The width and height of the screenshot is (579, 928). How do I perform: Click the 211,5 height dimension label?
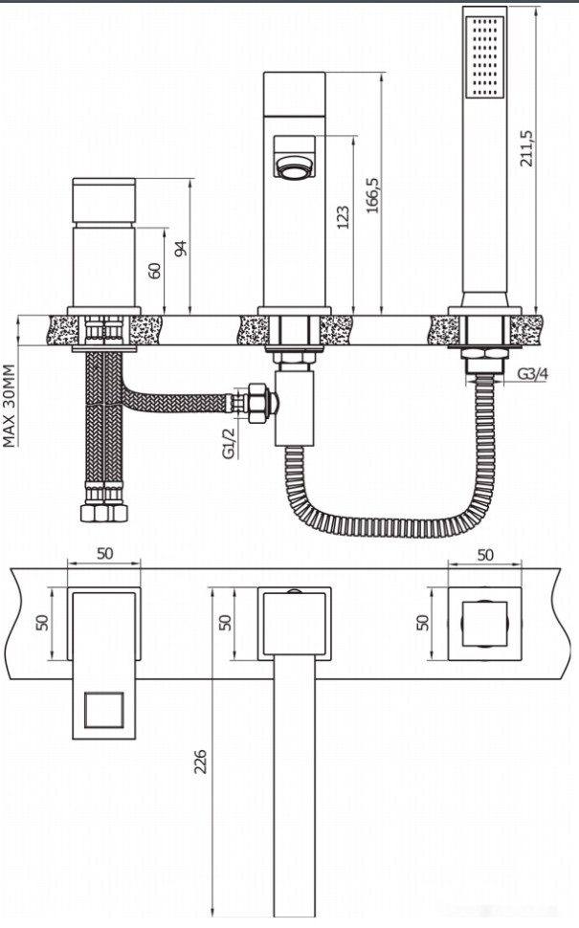pyautogui.click(x=525, y=148)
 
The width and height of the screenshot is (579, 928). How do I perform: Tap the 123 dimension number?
pyautogui.click(x=344, y=217)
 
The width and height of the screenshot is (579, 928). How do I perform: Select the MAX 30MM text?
pyautogui.click(x=11, y=406)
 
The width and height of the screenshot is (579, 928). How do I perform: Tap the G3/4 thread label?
pyautogui.click(x=532, y=373)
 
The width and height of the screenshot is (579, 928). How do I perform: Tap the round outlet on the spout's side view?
pyautogui.click(x=295, y=168)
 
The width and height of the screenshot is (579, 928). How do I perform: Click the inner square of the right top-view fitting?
pyautogui.click(x=485, y=624)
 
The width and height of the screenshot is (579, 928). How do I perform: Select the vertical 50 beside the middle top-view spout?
pyautogui.click(x=226, y=622)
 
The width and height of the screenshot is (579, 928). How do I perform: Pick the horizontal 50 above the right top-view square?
pyautogui.click(x=485, y=554)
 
